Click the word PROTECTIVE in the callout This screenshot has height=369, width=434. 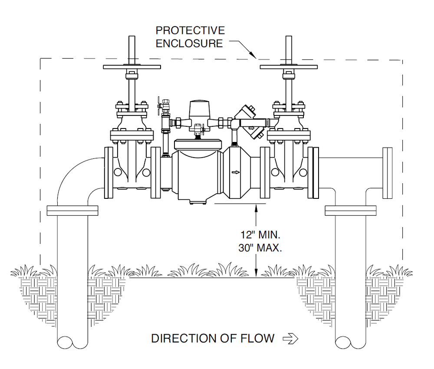coord(190,30)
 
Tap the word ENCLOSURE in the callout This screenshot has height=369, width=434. coord(189,43)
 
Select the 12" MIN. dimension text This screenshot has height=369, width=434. coord(260,235)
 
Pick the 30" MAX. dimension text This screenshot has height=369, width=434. coord(260,248)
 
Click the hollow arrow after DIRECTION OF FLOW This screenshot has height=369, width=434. coord(290,339)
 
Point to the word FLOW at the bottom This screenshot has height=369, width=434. coord(257,339)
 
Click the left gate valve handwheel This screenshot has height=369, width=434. coord(132,67)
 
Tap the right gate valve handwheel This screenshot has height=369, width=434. coord(289,67)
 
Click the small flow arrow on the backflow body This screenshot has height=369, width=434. coord(236,172)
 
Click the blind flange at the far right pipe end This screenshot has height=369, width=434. coord(388,173)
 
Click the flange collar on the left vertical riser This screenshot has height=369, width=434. coord(72,211)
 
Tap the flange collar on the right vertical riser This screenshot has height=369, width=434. coord(350,211)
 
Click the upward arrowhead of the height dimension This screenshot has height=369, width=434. coord(256,208)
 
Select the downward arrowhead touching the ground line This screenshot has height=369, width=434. coord(256,273)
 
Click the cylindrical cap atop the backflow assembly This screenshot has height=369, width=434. coord(199,109)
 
